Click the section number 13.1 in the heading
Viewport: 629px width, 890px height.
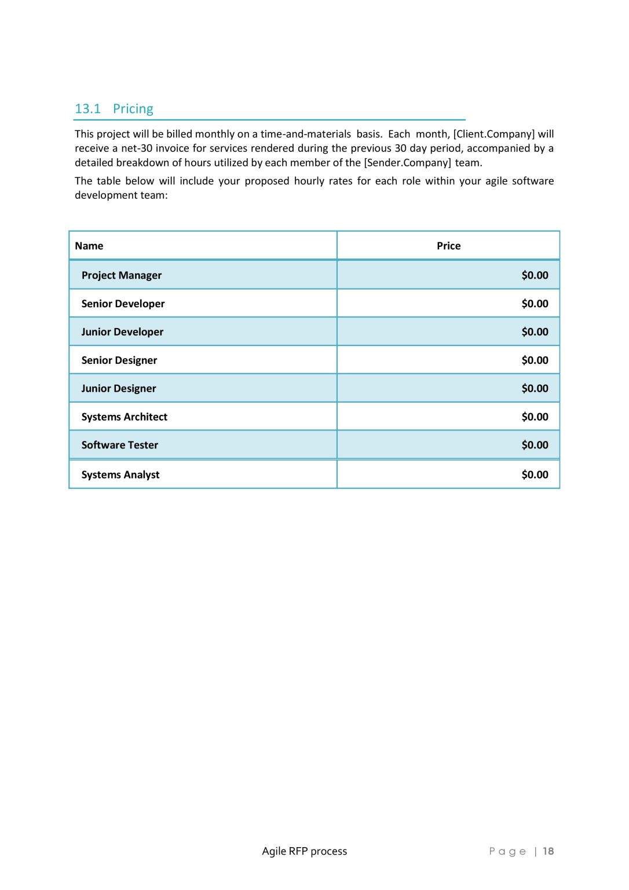87,109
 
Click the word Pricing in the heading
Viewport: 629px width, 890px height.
133,109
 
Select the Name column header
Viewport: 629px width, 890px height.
89,246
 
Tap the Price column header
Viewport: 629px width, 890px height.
448,246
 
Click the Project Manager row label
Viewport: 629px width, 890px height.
122,275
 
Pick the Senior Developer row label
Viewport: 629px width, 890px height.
123,304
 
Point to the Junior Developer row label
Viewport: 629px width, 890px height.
122,332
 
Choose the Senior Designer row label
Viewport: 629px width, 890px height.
119,360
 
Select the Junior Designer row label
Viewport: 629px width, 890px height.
119,389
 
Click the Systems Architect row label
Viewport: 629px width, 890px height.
124,417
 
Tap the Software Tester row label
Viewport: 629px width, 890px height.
120,445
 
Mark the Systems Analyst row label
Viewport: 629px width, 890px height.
120,475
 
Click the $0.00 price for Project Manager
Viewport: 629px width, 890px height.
535,275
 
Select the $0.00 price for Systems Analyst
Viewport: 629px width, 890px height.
535,475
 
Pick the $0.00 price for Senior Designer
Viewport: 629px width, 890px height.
535,360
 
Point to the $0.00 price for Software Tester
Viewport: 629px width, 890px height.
535,445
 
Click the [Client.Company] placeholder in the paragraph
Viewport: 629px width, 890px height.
493,134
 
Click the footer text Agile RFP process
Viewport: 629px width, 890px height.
304,851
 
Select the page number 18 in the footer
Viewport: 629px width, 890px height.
548,851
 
